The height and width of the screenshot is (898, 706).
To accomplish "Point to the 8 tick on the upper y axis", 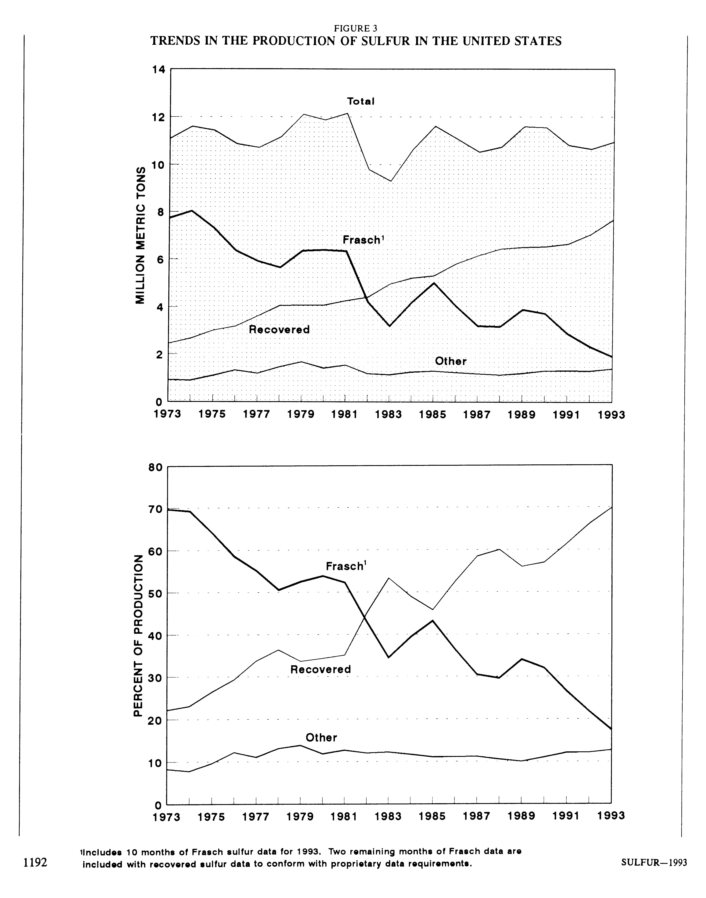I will coord(161,212).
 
